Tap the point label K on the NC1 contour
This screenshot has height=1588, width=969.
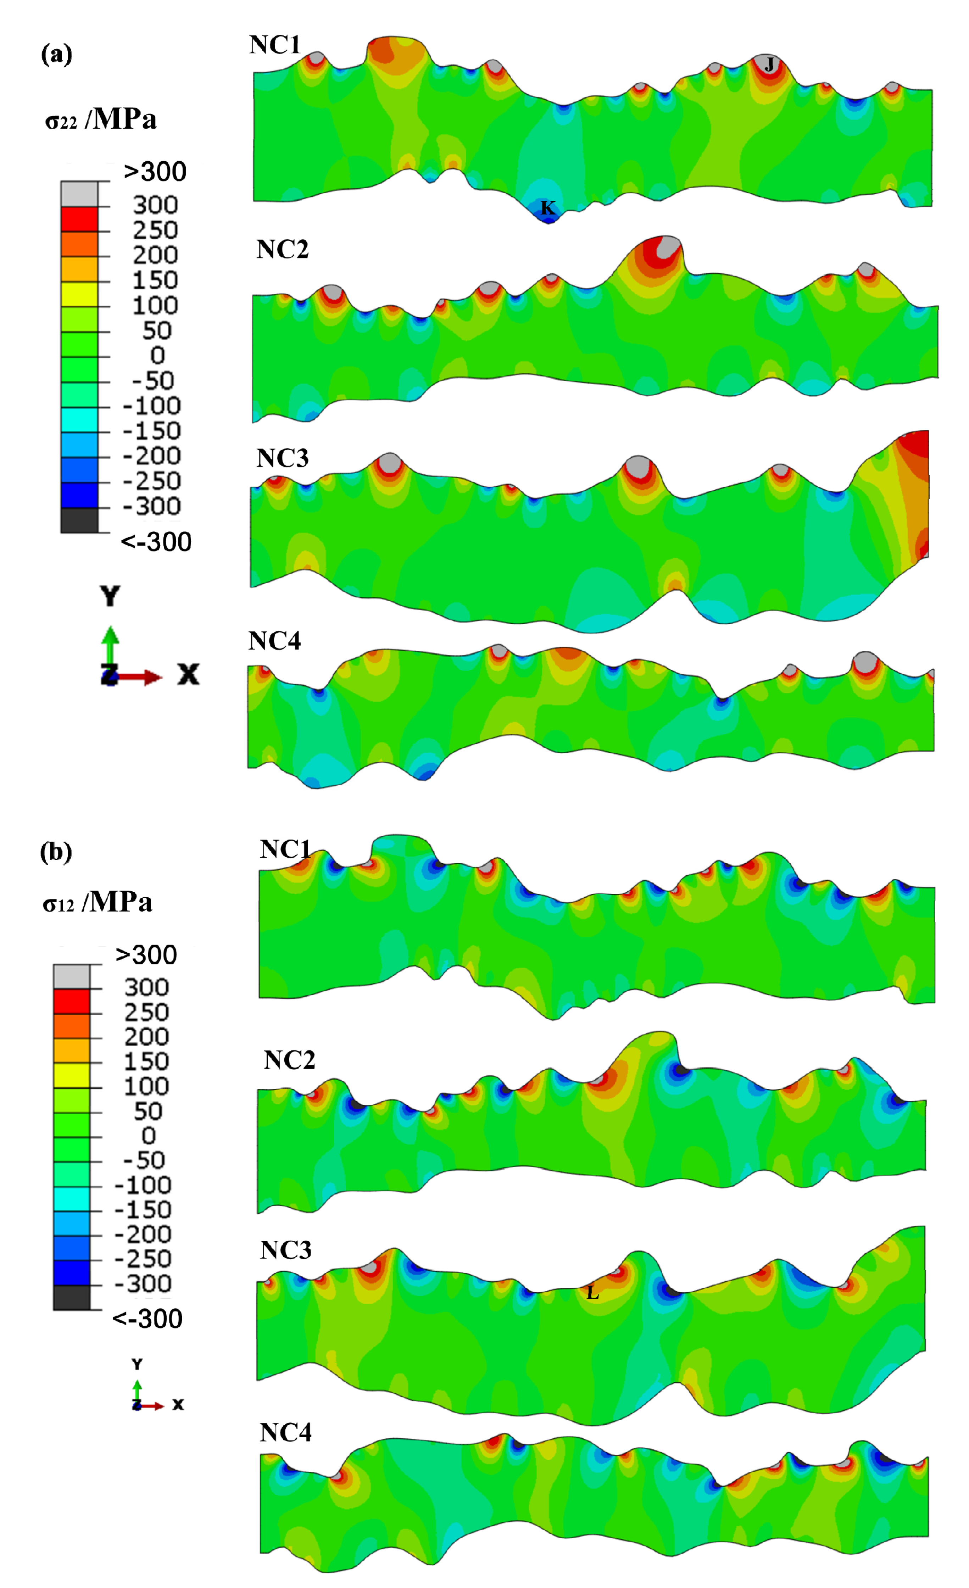click(547, 207)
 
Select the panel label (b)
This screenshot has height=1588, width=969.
click(56, 853)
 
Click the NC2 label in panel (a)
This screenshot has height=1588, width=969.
click(282, 249)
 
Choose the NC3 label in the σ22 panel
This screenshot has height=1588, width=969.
click(282, 458)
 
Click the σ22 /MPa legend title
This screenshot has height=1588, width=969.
click(101, 120)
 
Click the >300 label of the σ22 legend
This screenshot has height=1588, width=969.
click(155, 172)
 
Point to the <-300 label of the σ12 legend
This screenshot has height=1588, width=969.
click(147, 1319)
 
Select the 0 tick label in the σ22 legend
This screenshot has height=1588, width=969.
click(157, 356)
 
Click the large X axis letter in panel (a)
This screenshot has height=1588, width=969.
click(188, 675)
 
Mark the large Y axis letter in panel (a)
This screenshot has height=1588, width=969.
click(110, 597)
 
